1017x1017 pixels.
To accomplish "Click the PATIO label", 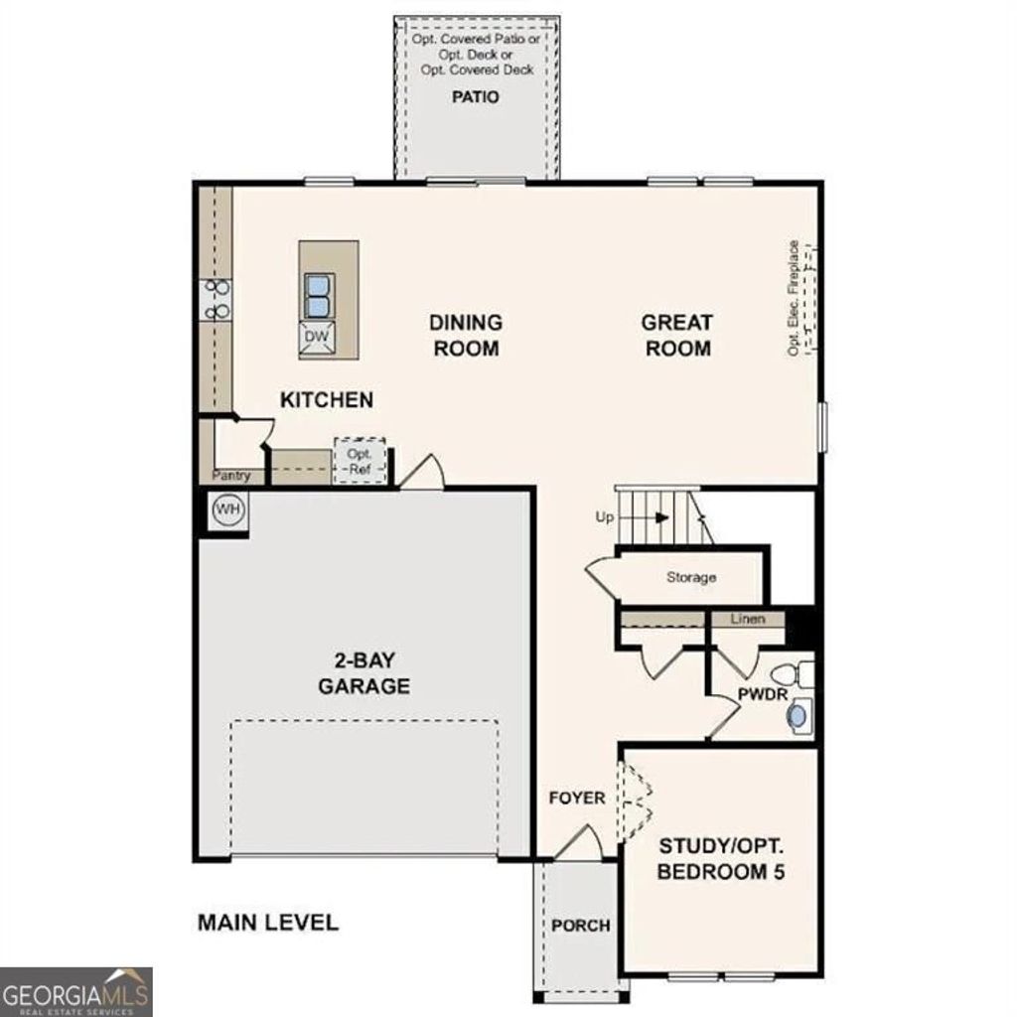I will point(475,97).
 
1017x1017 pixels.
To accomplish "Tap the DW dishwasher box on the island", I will point(316,338).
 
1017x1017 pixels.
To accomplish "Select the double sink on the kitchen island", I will point(316,293).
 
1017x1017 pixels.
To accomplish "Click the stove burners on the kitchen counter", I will point(217,300).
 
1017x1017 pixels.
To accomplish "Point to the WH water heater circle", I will point(228,509).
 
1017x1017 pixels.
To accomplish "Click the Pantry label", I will point(230,477).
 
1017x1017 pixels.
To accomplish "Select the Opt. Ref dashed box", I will point(359,461).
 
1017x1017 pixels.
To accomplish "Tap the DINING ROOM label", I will point(465,335).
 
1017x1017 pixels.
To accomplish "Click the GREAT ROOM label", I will point(676,335).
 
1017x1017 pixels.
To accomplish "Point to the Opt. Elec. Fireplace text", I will point(794,298).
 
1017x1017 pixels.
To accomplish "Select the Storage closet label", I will point(691,577).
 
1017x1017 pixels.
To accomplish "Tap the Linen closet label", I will point(748,620).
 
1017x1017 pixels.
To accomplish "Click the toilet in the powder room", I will point(799,674).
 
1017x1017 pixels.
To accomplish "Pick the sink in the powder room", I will point(799,713).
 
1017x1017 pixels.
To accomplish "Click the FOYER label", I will point(577,798).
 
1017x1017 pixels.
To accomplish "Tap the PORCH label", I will point(581,926).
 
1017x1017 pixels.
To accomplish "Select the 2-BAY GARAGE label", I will point(363,672).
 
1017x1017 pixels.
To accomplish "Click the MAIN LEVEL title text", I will point(267,922).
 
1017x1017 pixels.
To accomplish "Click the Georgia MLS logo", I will point(76,990).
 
